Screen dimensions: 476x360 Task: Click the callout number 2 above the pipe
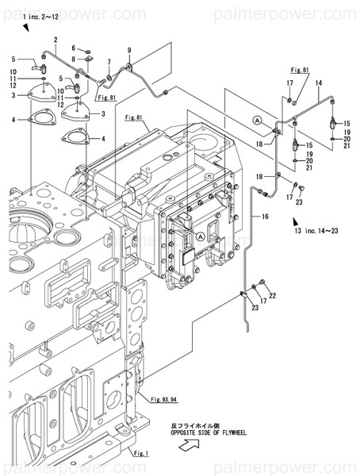click(56, 40)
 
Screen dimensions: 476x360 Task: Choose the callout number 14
click(318, 83)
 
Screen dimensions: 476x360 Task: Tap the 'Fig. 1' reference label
click(140, 453)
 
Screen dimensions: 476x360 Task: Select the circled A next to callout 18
click(258, 118)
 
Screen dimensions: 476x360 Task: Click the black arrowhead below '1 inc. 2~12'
click(26, 29)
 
